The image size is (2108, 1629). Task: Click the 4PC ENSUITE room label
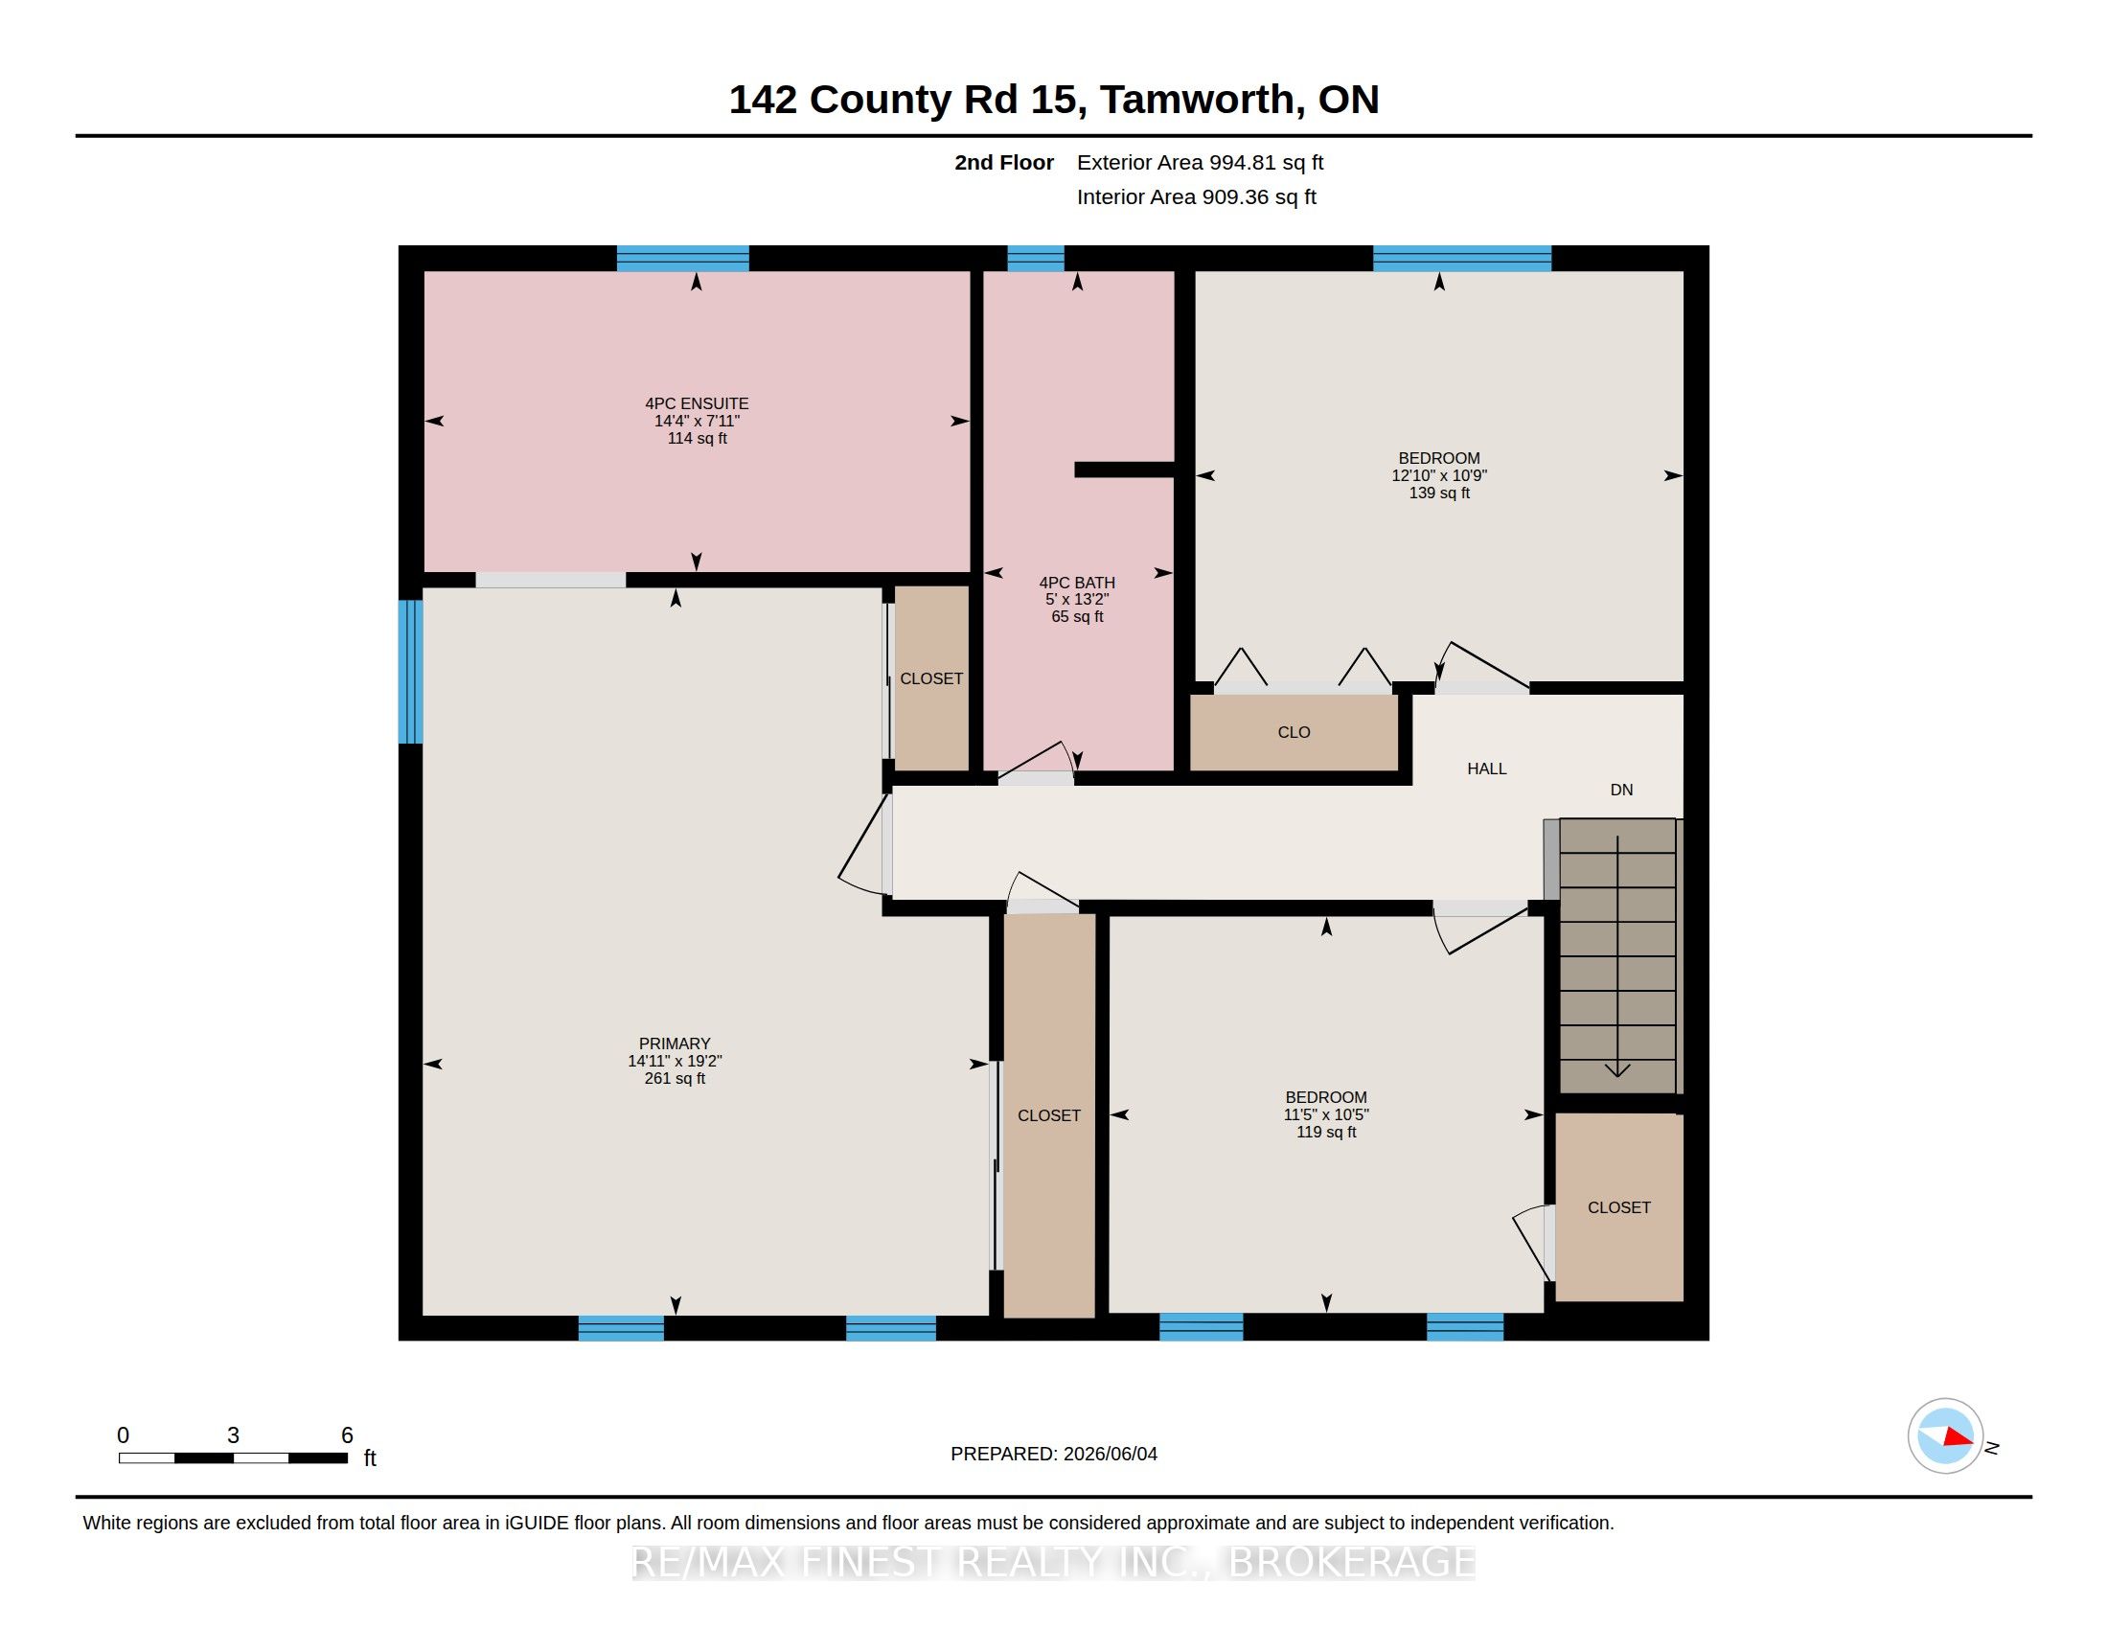click(697, 403)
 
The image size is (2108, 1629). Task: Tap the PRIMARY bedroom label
click(675, 1044)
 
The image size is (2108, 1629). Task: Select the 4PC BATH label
click(1077, 582)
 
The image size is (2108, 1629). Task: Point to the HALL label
click(1486, 769)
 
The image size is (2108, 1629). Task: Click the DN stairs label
click(1621, 790)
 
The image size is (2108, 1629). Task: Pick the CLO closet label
click(1295, 731)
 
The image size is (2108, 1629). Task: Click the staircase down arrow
click(1617, 956)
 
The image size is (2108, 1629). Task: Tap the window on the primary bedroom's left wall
click(411, 672)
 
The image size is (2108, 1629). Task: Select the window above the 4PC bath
click(1036, 259)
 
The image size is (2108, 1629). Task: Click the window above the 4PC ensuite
click(682, 259)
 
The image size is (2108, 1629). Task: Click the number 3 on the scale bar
click(233, 1435)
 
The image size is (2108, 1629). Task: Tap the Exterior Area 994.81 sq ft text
click(1200, 162)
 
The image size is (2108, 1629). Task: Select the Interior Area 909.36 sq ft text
click(1196, 196)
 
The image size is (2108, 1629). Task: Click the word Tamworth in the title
click(1197, 100)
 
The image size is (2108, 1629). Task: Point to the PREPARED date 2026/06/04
click(1110, 1454)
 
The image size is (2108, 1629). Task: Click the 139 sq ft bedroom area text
click(1439, 493)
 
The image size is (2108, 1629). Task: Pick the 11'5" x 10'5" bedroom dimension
click(1326, 1114)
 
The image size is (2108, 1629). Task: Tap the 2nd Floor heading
click(1004, 162)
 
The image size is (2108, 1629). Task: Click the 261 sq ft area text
click(675, 1078)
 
